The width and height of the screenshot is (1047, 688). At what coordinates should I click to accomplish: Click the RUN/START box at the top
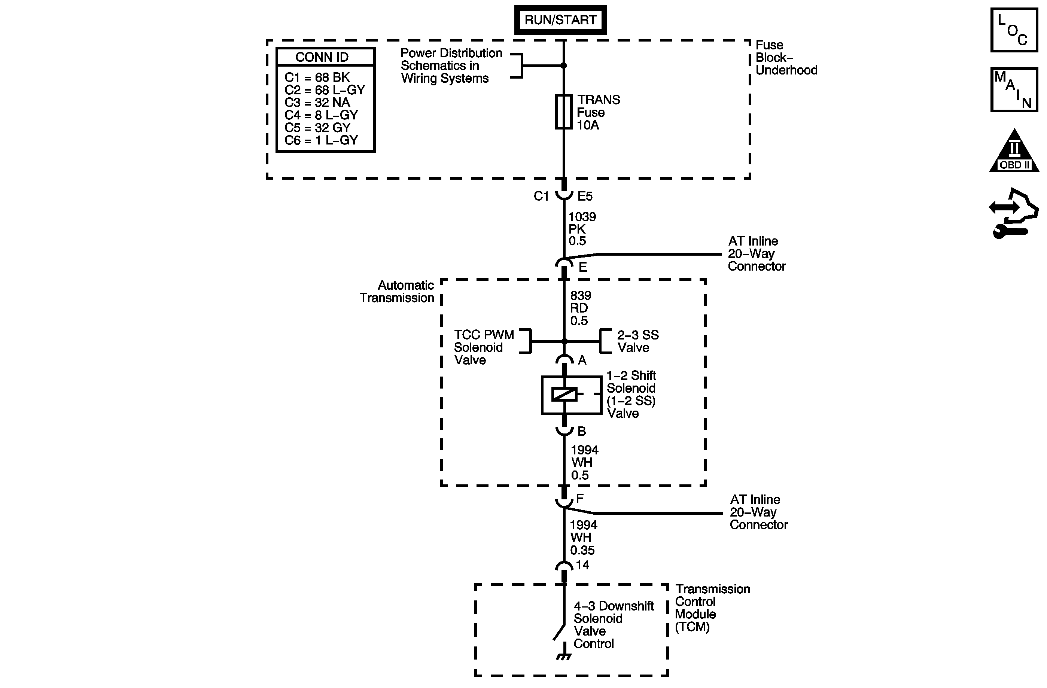(x=560, y=20)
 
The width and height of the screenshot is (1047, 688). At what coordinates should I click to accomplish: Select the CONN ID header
(x=322, y=57)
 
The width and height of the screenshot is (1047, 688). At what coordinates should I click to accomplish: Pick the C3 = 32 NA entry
(x=317, y=103)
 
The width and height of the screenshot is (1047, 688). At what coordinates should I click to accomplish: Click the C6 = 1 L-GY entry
(x=321, y=140)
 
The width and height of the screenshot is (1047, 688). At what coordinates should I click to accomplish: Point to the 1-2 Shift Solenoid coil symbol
(x=564, y=395)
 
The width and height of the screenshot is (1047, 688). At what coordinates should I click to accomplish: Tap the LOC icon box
(x=1014, y=30)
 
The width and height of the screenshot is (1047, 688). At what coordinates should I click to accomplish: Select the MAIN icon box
(x=1014, y=90)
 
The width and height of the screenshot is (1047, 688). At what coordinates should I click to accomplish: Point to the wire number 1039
(x=582, y=217)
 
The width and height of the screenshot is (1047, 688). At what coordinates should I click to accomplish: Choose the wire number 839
(x=581, y=296)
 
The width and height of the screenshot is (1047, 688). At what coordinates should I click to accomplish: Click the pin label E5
(x=585, y=196)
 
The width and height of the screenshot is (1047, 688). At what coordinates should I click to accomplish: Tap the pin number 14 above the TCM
(x=582, y=565)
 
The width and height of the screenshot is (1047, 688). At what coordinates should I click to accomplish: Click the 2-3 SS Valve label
(x=637, y=341)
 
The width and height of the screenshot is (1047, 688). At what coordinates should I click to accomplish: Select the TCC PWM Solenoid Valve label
(x=484, y=347)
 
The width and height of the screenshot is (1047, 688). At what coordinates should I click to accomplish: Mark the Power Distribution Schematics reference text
(x=451, y=66)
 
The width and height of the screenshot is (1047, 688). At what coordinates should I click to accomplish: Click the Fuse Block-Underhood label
(x=786, y=58)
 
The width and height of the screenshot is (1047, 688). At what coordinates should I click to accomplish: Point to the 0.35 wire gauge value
(x=582, y=550)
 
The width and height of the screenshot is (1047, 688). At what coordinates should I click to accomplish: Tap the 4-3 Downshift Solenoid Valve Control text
(x=613, y=625)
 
